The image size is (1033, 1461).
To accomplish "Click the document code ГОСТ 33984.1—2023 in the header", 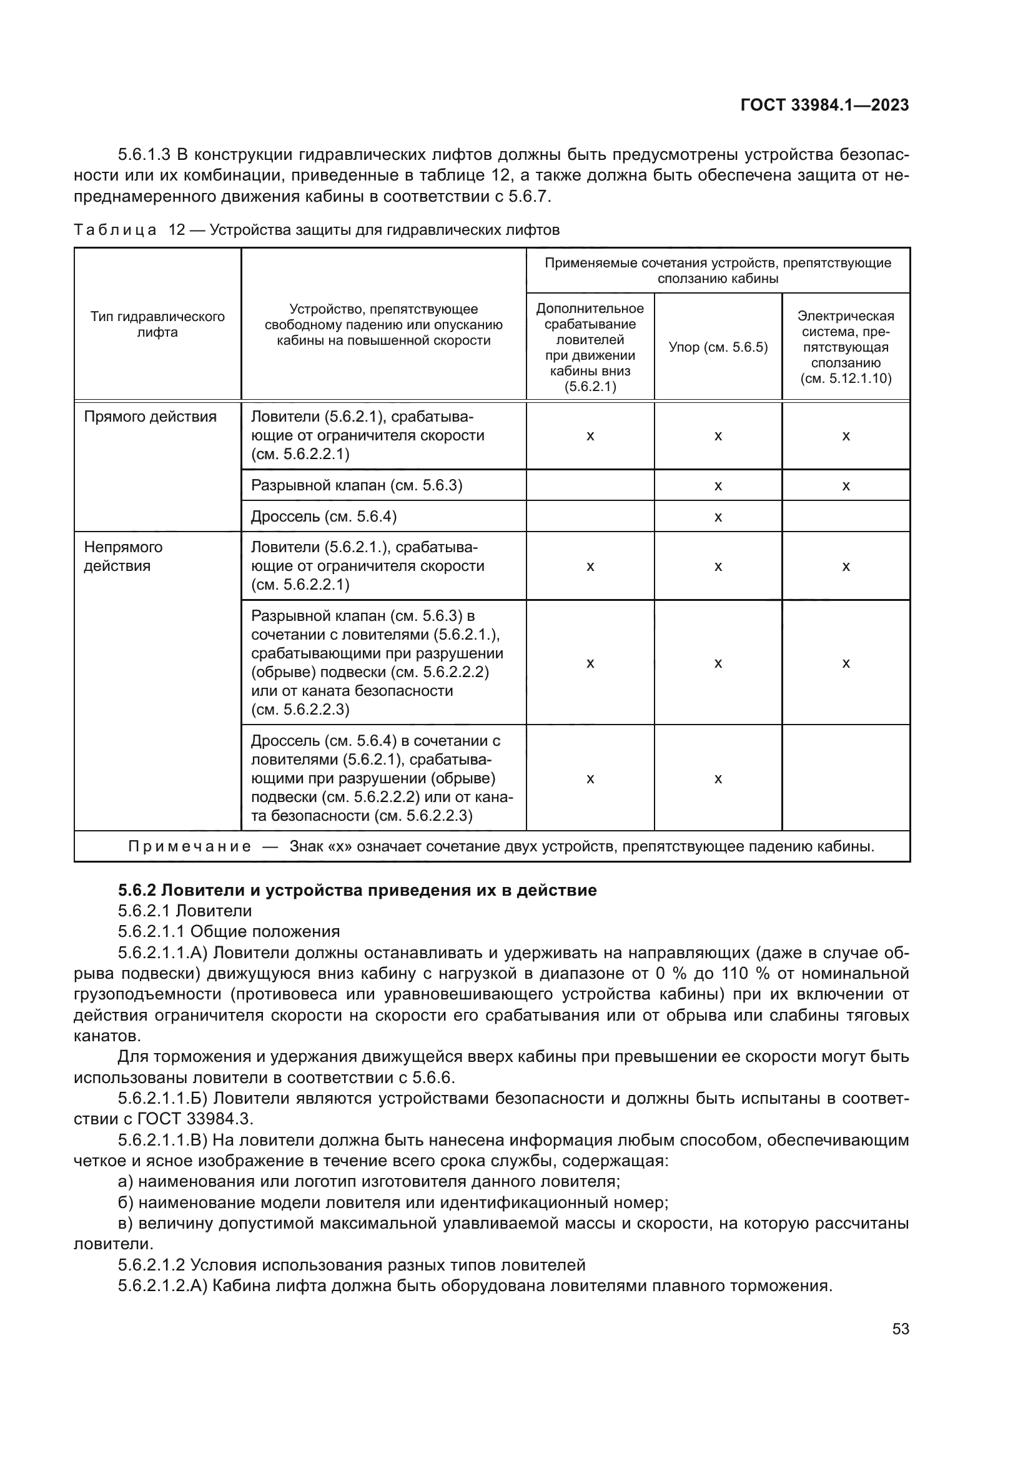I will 824,105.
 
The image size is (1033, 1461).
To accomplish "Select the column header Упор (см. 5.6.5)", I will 718,347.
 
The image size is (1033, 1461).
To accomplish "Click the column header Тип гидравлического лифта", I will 157,325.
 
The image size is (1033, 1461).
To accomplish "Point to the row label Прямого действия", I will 150,417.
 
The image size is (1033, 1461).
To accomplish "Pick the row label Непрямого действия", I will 124,556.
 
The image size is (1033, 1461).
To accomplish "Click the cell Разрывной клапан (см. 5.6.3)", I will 356,485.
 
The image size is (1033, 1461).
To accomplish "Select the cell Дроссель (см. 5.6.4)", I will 323,517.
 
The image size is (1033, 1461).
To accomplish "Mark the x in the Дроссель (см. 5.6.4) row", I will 718,517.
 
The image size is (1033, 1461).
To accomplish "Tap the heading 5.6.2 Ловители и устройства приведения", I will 357,890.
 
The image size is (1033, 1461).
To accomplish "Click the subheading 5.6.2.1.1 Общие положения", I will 229,931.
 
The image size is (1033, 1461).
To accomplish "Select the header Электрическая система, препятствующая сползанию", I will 846,347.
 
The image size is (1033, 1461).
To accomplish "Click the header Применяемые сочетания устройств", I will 718,270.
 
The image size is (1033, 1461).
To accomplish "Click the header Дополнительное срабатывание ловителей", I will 590,347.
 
